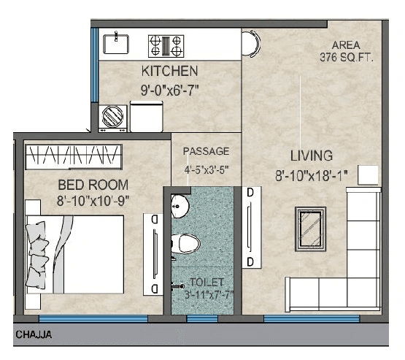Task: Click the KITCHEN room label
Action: pyautogui.click(x=169, y=71)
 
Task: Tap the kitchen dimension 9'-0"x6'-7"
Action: pyautogui.click(x=169, y=90)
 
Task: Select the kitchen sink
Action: pyautogui.click(x=116, y=44)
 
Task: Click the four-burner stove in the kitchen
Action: pyautogui.click(x=166, y=45)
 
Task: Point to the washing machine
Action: pyautogui.click(x=114, y=117)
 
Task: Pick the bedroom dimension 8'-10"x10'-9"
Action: pyautogui.click(x=93, y=200)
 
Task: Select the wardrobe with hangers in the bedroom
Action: pyautogui.click(x=73, y=155)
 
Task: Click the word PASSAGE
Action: pyautogui.click(x=206, y=151)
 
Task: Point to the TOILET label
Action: pyautogui.click(x=208, y=282)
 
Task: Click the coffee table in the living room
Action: pyautogui.click(x=311, y=228)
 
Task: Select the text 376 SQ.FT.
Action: pyautogui.click(x=347, y=58)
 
